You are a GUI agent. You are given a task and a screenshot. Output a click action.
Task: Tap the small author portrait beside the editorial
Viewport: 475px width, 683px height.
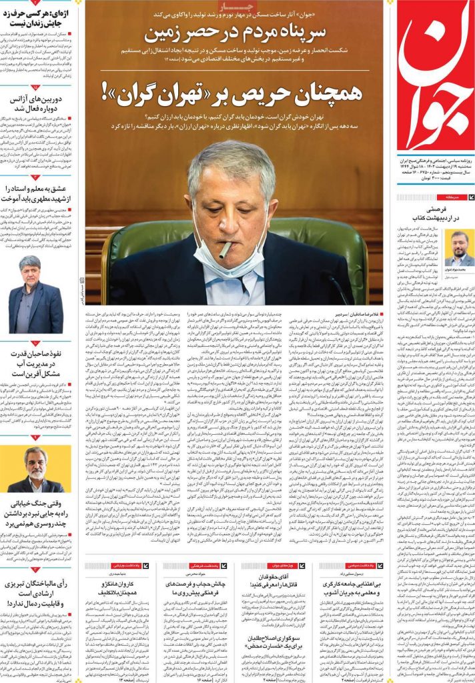click(460, 248)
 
